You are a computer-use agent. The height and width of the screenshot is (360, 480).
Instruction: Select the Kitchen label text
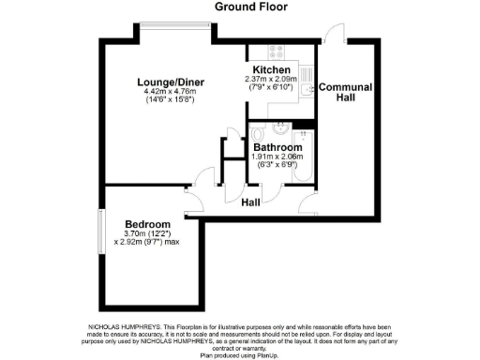(271, 70)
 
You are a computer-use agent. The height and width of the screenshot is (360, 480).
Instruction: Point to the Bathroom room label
(277, 148)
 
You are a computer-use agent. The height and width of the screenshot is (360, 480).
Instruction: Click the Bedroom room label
(147, 224)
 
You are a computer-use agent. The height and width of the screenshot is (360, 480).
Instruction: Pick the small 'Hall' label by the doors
(251, 202)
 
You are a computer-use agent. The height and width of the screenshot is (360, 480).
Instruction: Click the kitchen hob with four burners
(277, 53)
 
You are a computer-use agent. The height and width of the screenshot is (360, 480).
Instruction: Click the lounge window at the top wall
(176, 39)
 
